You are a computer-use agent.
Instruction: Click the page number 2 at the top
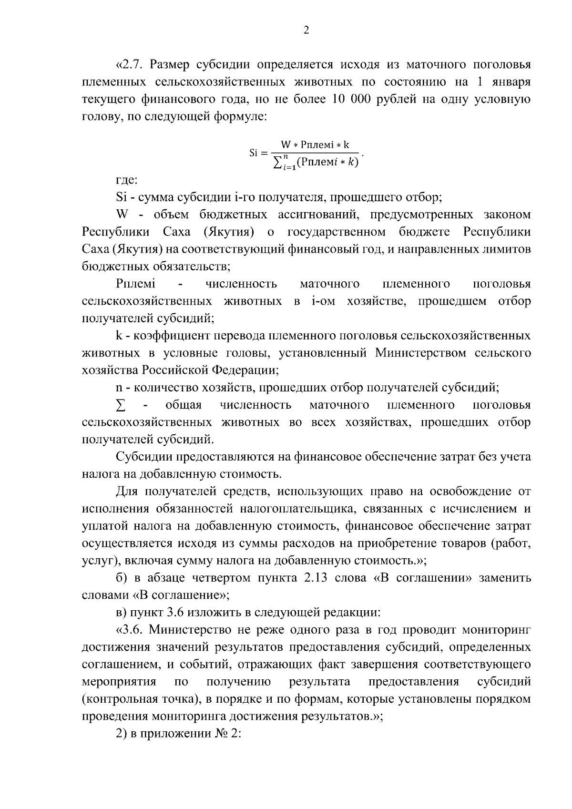click(306, 30)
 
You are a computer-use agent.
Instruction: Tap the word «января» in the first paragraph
click(510, 82)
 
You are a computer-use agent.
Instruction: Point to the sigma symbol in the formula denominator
click(276, 163)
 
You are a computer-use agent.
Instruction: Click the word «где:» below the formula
click(126, 180)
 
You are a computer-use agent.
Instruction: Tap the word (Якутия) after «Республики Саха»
click(228, 232)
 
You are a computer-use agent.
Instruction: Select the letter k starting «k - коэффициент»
click(119, 336)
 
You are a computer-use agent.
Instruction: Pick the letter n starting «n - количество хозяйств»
click(119, 388)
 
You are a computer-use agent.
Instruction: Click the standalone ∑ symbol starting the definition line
click(121, 405)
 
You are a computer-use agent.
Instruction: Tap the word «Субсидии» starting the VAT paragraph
click(144, 457)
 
